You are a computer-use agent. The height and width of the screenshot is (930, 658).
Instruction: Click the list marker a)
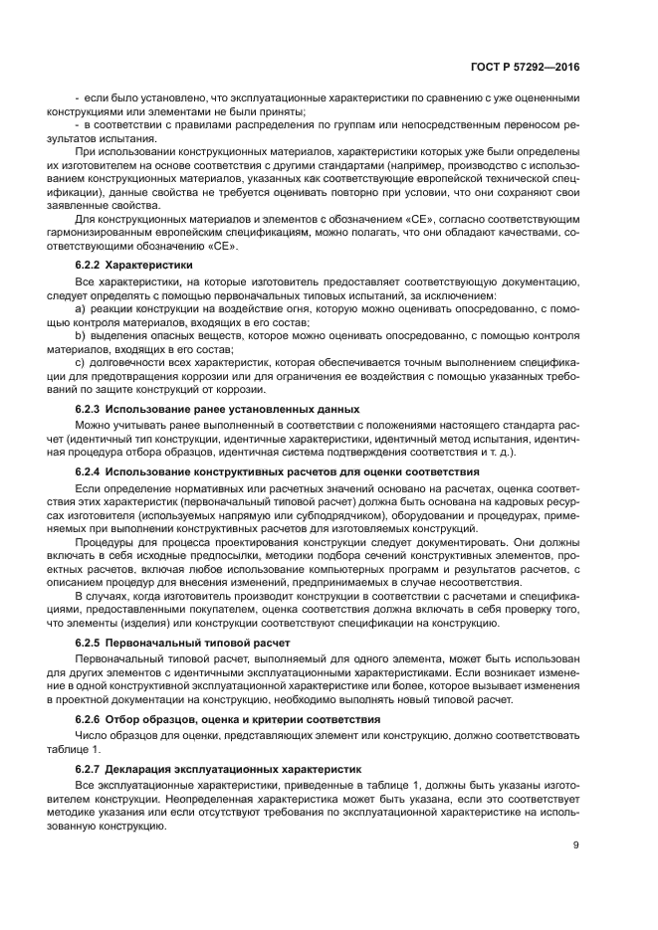coord(81,309)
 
